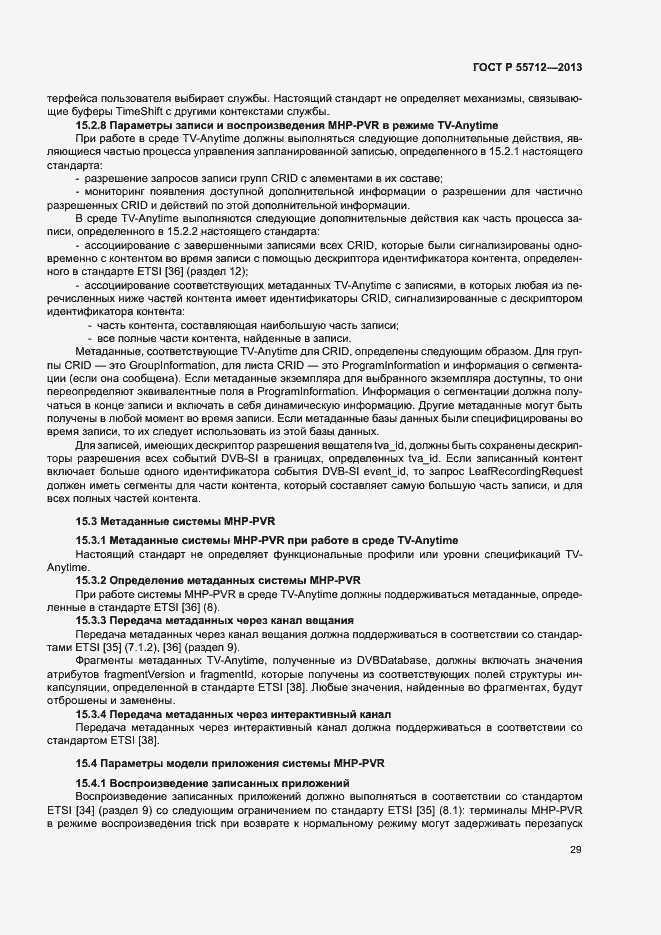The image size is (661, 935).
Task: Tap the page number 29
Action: [576, 850]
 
